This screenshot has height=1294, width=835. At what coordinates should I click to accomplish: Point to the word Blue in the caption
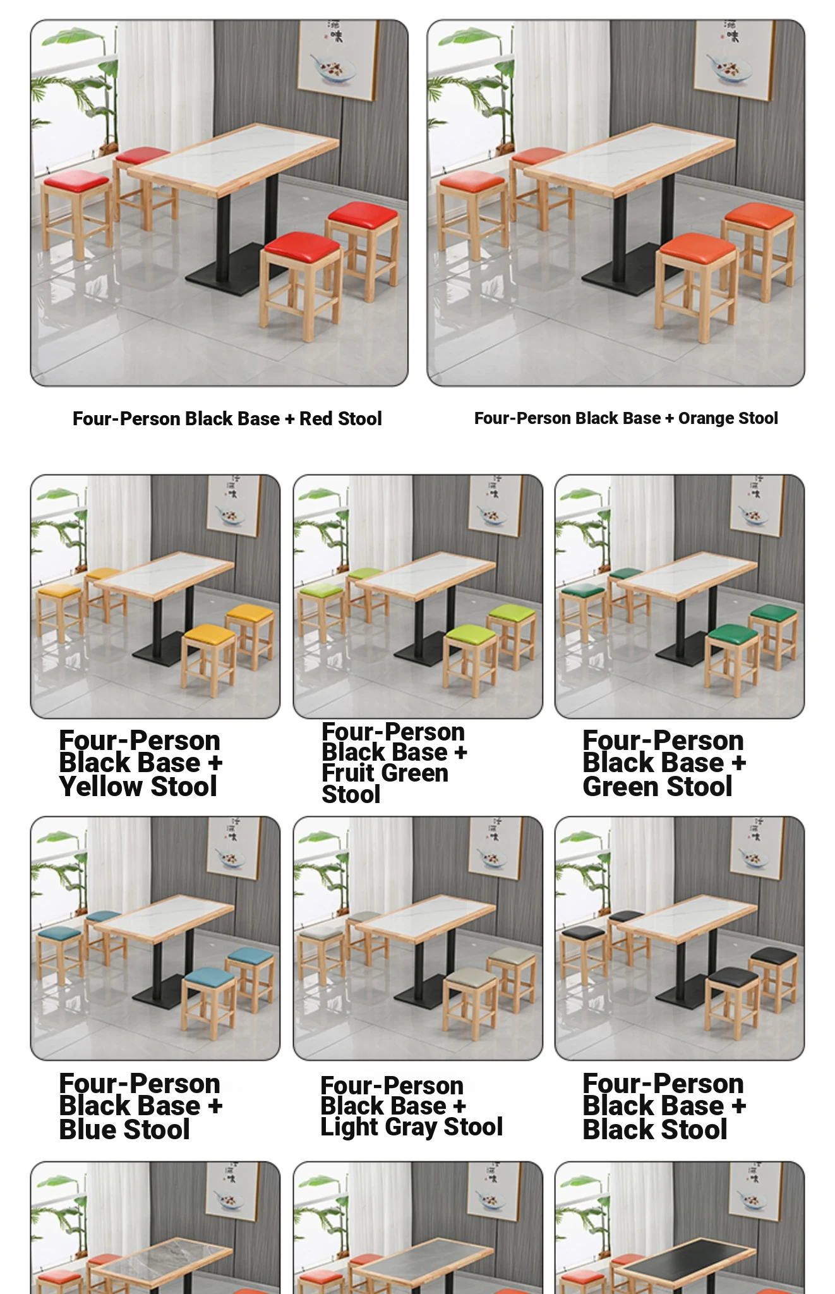(x=88, y=1129)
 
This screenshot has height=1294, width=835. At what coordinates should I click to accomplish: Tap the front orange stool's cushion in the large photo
(x=697, y=246)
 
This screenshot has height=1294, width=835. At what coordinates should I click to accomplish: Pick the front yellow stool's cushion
(x=208, y=632)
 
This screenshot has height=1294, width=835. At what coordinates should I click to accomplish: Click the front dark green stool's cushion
(x=733, y=632)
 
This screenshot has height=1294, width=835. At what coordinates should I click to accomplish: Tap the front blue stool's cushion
(x=208, y=976)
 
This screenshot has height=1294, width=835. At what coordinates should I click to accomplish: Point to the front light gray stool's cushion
(x=471, y=976)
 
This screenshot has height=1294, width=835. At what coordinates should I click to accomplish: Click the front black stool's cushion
(x=733, y=976)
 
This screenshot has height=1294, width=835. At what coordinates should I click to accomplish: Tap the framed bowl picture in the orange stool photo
(x=733, y=60)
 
